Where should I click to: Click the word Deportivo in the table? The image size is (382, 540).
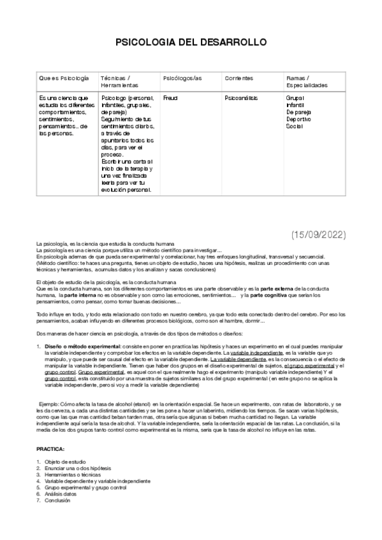[x=298, y=119]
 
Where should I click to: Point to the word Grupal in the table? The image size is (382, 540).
[x=295, y=98]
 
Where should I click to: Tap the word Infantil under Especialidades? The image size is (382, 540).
[x=295, y=105]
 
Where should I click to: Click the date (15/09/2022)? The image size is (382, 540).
[x=318, y=234]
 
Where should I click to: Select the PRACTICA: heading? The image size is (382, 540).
[x=50, y=448]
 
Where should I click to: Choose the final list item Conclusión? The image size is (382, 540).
[x=57, y=501]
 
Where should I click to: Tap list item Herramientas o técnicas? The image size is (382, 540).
[x=73, y=474]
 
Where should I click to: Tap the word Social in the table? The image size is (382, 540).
[x=294, y=126]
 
